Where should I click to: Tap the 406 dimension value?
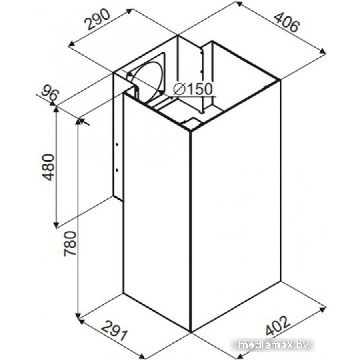point(287,22)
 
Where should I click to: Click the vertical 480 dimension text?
point(49,167)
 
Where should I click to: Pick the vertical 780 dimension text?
point(70,244)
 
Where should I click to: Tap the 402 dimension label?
point(278,326)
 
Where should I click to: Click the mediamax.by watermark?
point(273,345)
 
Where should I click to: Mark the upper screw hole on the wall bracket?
point(117,144)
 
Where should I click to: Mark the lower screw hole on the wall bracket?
point(117,170)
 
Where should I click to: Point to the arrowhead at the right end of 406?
point(323,52)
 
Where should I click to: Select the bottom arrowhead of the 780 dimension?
point(78,315)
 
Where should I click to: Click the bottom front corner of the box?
point(190,332)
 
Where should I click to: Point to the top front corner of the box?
point(190,131)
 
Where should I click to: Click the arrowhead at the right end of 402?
point(323,308)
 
